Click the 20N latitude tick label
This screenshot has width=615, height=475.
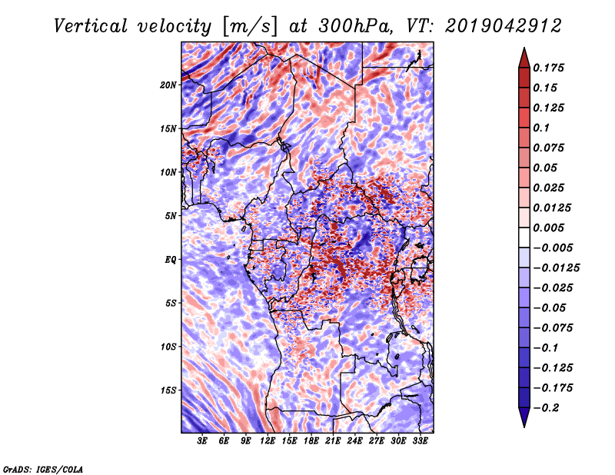click(x=168, y=85)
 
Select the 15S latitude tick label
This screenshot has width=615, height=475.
click(x=168, y=390)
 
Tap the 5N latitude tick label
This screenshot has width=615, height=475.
click(x=171, y=215)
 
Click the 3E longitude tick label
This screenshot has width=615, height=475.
click(x=203, y=441)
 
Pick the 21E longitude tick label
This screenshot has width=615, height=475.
click(x=333, y=441)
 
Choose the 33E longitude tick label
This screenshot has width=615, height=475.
click(x=420, y=441)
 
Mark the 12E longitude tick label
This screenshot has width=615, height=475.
click(x=268, y=441)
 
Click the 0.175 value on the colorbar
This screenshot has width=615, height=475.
click(x=550, y=68)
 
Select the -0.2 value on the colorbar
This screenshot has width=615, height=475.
click(x=548, y=408)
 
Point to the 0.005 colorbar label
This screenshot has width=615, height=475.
click(x=550, y=228)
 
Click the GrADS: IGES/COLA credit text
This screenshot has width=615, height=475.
click(x=42, y=468)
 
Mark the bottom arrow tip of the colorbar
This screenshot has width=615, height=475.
click(x=523, y=426)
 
